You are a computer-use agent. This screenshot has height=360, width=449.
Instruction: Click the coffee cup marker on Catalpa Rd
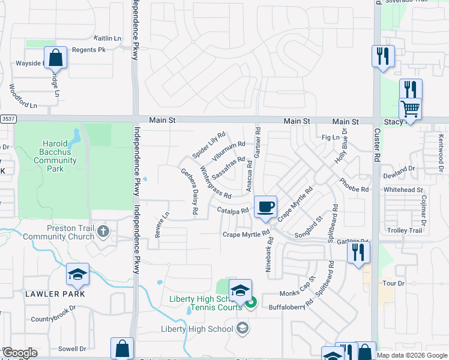pyautogui.click(x=265, y=207)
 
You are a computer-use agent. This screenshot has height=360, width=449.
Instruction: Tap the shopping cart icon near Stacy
pyautogui.click(x=411, y=109)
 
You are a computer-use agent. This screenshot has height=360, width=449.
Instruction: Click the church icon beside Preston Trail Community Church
pyautogui.click(x=104, y=231)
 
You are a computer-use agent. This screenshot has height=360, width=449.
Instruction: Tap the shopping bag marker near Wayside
pyautogui.click(x=55, y=59)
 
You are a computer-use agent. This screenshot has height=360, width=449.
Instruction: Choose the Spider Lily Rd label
pyautogui.click(x=208, y=145)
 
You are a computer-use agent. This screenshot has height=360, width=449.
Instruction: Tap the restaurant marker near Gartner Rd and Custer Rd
pyautogui.click(x=359, y=252)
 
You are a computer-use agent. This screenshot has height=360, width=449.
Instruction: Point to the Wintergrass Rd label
pyautogui.click(x=214, y=182)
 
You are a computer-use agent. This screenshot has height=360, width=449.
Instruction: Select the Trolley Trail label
pyautogui.click(x=404, y=230)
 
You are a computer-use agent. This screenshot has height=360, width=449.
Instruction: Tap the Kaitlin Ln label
pyautogui.click(x=108, y=38)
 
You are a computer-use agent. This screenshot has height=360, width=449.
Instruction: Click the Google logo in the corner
pyautogui.click(x=19, y=353)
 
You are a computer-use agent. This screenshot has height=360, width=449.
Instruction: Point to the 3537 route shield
pyautogui.click(x=7, y=119)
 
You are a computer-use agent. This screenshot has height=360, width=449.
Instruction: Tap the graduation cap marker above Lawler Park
pyautogui.click(x=78, y=274)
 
